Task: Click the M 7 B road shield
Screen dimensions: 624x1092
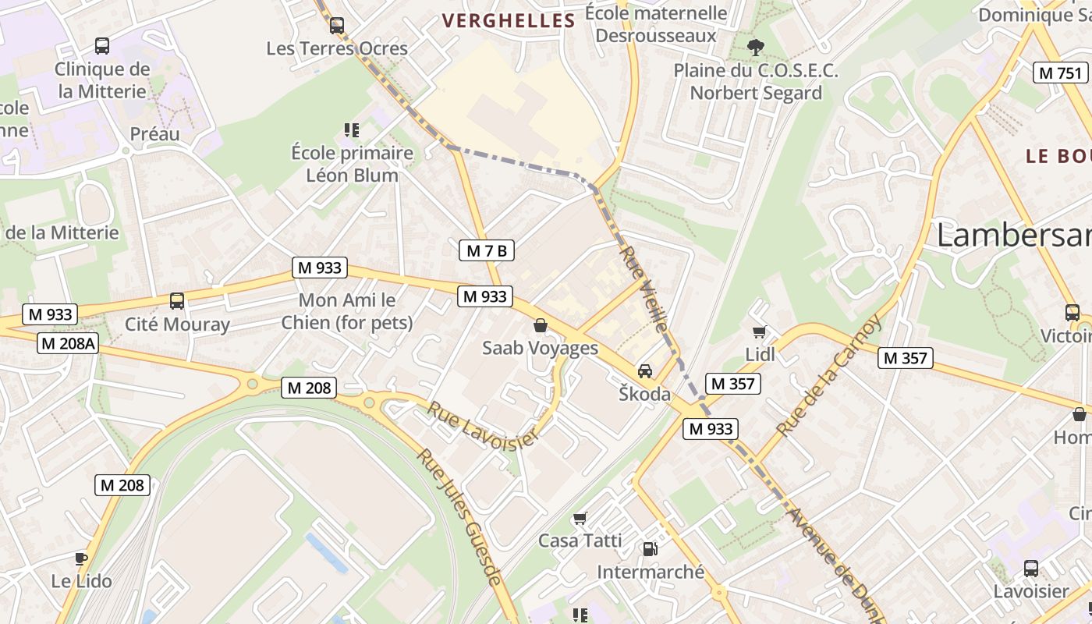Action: pos(486,250)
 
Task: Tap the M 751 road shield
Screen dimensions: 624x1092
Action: pos(1061,73)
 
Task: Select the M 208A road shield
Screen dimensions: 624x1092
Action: pos(68,343)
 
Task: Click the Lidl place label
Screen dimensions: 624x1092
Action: pos(760,354)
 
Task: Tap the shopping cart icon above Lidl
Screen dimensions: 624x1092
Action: pos(760,331)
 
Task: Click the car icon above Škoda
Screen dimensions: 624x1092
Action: pos(645,371)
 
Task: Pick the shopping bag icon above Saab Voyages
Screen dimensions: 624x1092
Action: pos(540,325)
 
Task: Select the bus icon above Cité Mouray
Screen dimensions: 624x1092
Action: pos(177,301)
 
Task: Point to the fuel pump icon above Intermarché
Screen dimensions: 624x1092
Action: pos(650,549)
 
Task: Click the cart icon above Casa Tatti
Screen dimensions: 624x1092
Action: pos(580,518)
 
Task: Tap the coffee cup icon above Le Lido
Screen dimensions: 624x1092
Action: pos(81,558)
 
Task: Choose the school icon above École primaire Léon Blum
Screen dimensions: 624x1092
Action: pos(352,129)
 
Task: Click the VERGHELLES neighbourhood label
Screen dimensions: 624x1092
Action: pos(509,21)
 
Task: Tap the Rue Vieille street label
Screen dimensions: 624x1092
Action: pos(645,289)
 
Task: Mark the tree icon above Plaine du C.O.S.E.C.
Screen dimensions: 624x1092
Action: pos(755,47)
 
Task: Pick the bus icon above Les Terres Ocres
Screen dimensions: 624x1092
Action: pos(337,26)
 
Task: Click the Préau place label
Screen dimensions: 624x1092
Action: pos(154,134)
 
